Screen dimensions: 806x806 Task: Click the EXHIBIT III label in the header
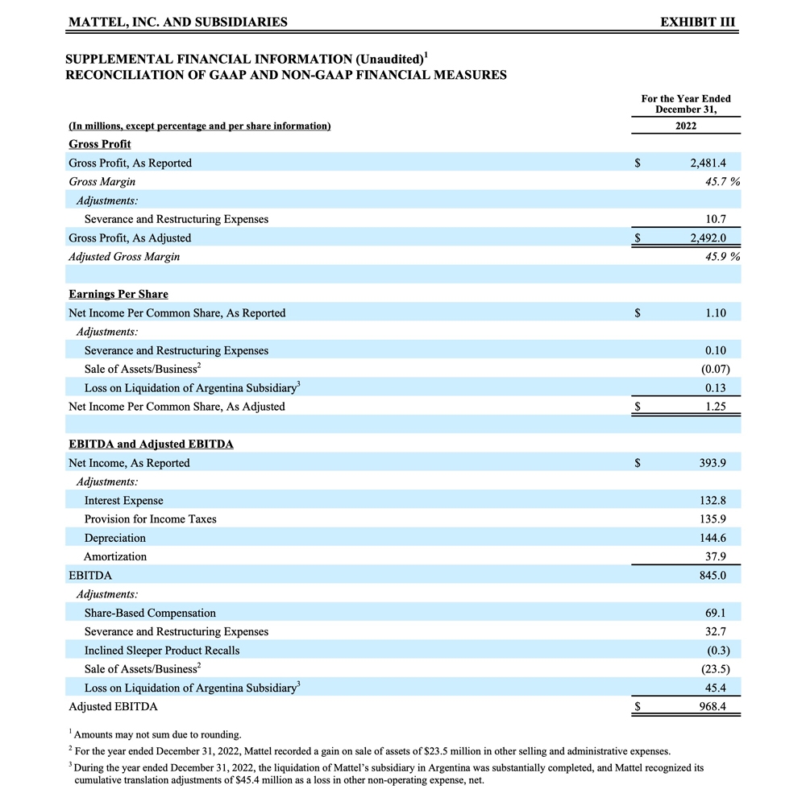point(697,23)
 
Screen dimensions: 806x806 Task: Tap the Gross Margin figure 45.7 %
point(722,182)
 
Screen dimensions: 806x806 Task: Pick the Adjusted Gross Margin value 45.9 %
point(722,257)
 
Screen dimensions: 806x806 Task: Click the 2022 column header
point(686,126)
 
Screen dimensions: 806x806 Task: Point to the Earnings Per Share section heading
point(118,294)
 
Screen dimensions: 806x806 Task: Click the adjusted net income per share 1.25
point(716,407)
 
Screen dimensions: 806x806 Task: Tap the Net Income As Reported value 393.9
point(714,463)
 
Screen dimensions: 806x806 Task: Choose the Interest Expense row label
point(123,501)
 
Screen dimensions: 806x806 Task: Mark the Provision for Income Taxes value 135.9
point(714,519)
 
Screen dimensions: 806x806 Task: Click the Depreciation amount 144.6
point(714,538)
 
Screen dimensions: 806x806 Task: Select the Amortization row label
point(115,556)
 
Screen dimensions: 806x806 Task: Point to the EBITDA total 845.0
point(714,576)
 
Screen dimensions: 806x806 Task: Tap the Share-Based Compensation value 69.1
point(717,613)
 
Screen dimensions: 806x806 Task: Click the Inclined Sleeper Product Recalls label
point(162,651)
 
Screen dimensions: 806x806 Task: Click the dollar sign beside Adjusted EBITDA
point(638,707)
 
